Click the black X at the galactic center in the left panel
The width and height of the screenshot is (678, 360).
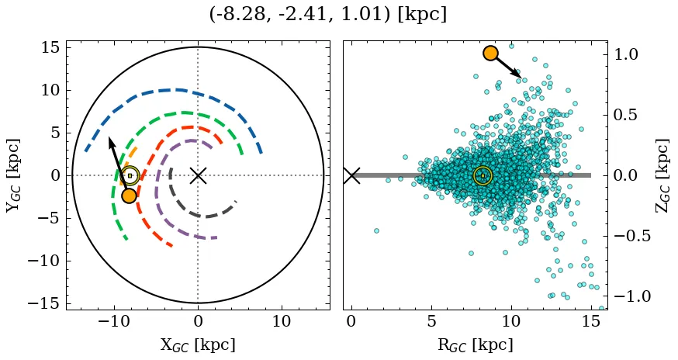click(198, 175)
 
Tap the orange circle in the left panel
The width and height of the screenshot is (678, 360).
click(129, 196)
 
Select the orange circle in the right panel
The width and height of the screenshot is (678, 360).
click(490, 53)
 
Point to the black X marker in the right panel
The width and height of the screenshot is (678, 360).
click(351, 175)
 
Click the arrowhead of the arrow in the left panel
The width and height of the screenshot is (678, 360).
click(110, 140)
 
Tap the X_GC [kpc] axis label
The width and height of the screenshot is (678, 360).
click(197, 344)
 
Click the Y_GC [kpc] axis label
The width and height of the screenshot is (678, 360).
click(13, 175)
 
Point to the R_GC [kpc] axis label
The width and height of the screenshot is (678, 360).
click(475, 344)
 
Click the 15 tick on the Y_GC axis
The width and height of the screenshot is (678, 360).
click(50, 47)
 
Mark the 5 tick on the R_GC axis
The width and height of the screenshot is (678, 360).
click(431, 322)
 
